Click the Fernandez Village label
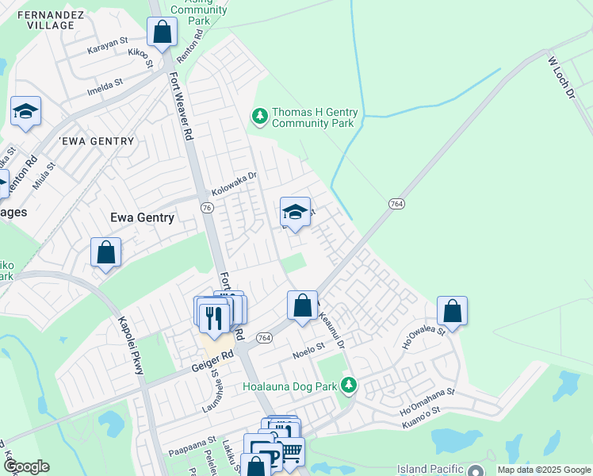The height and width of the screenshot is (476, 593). point(40,20)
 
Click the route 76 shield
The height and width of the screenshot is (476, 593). point(206,207)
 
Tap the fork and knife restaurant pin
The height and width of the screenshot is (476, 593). point(214,317)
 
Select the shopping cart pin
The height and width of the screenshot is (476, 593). point(291,452)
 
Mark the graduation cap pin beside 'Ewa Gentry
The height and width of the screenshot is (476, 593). point(25,112)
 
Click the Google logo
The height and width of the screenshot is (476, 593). point(26,466)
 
